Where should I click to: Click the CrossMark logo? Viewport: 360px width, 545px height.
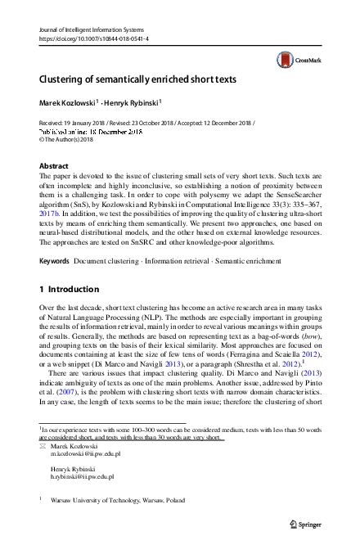point(295,59)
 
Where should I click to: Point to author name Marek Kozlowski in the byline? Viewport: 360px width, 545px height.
point(67,103)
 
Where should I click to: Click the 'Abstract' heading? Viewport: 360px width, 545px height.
point(54,165)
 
